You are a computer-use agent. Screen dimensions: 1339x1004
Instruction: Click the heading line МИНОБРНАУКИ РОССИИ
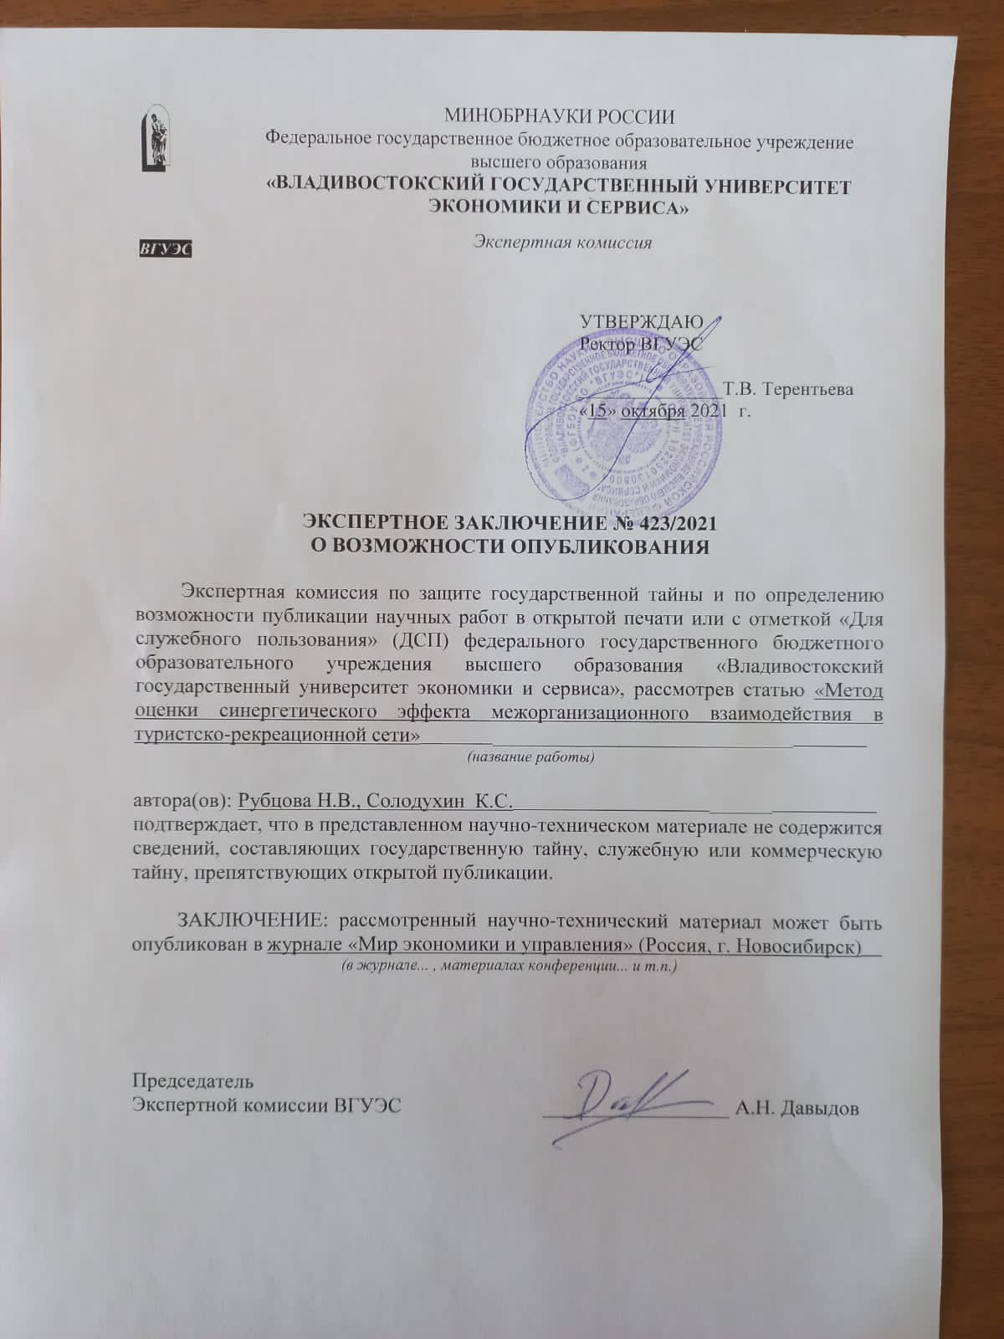(559, 116)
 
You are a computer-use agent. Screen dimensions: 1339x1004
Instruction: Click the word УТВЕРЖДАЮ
(635, 322)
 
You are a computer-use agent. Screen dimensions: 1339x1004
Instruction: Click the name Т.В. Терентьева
(789, 389)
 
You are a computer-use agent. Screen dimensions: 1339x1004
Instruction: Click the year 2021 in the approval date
(709, 411)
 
